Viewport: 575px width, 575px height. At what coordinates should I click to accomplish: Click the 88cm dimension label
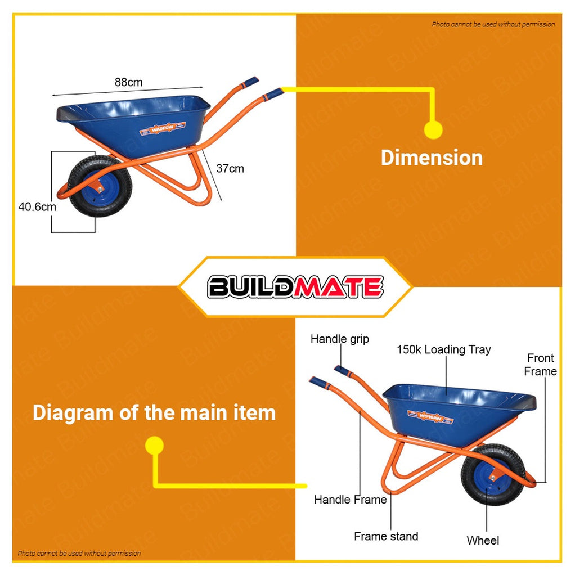[128, 82]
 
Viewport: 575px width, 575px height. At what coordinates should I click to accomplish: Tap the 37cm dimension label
[230, 168]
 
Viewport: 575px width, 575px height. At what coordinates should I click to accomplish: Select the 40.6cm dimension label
[37, 207]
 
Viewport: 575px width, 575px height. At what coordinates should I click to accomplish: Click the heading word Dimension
[432, 158]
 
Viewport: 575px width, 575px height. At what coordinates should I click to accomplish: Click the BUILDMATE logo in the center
[295, 287]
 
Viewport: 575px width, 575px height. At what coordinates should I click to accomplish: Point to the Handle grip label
[340, 339]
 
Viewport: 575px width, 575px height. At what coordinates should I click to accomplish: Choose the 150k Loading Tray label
[444, 349]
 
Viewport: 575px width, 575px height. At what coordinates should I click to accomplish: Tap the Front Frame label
[540, 365]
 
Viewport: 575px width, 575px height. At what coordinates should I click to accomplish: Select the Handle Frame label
[350, 500]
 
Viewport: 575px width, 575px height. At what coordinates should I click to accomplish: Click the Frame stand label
[386, 536]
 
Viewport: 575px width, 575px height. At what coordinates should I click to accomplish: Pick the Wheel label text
[483, 541]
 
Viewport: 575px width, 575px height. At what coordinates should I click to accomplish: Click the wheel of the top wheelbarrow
[100, 186]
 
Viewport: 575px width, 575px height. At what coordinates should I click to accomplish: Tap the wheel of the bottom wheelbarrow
[493, 475]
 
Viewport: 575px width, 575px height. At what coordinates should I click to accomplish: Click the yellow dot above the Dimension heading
[433, 129]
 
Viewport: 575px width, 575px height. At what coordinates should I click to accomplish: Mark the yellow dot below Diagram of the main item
[154, 446]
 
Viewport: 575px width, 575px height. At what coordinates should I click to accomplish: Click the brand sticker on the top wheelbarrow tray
[163, 128]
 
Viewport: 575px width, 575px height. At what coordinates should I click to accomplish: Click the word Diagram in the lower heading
[73, 412]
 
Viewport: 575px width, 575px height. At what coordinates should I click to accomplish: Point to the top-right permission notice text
[493, 24]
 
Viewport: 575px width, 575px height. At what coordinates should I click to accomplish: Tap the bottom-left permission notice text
[79, 554]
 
